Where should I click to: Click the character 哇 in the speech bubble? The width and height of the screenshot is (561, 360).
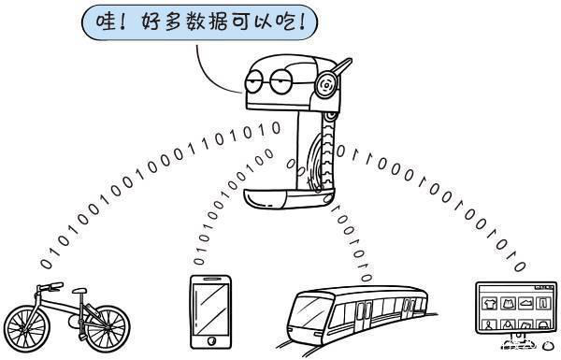tap(106, 22)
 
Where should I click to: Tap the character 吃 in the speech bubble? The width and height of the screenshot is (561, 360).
tap(287, 22)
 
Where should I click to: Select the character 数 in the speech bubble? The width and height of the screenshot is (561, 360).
tap(196, 22)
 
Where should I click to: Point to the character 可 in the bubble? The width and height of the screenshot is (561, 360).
tap(241, 22)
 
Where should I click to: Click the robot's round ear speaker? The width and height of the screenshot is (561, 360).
tap(326, 85)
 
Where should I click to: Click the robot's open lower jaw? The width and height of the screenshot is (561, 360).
tap(289, 198)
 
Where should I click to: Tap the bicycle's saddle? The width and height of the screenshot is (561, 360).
tap(79, 290)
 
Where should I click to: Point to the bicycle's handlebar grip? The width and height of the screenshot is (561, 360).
tap(56, 285)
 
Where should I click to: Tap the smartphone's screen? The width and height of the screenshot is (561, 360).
tap(210, 310)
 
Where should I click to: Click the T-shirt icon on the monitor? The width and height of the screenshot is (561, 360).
tap(489, 304)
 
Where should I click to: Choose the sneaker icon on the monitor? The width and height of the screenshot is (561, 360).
tap(525, 304)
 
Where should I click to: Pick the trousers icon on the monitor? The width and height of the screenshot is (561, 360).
tap(543, 304)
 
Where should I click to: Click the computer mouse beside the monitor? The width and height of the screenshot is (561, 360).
tap(547, 345)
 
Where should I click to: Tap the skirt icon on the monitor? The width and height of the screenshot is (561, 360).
tap(508, 304)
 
